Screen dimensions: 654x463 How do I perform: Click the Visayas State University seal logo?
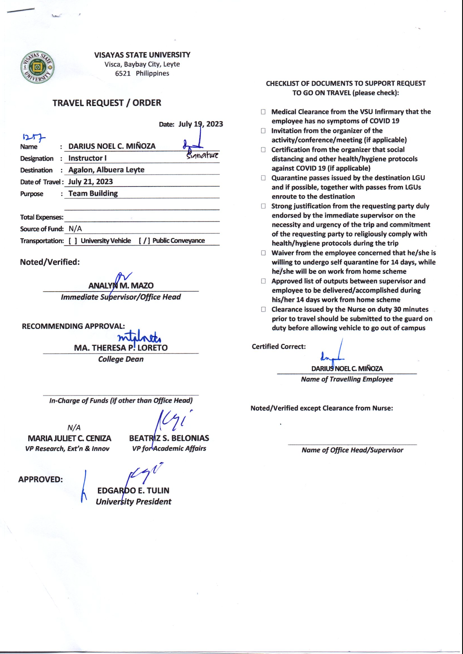pyautogui.click(x=37, y=67)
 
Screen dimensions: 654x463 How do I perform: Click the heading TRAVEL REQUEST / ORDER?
pyautogui.click(x=107, y=103)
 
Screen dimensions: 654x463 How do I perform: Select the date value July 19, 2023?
pyautogui.click(x=201, y=124)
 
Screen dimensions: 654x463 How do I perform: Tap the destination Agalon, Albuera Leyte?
pyautogui.click(x=106, y=170)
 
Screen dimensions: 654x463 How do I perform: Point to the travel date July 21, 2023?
pyautogui.click(x=90, y=182)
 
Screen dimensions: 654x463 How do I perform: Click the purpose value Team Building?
pyautogui.click(x=93, y=193)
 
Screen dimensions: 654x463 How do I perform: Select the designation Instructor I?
pyautogui.click(x=87, y=158)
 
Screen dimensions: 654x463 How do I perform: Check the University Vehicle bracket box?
pyautogui.click(x=73, y=241)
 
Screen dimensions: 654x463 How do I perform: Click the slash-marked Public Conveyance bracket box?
pyautogui.click(x=144, y=241)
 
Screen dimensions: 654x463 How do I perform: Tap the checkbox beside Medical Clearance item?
pyautogui.click(x=263, y=112)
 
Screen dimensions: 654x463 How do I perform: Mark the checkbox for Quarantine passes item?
pyautogui.click(x=263, y=178)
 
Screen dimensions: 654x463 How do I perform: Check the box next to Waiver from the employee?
pyautogui.click(x=263, y=253)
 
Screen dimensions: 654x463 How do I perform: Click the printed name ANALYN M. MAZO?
pyautogui.click(x=121, y=286)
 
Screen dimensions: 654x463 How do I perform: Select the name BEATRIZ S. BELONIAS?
pyautogui.click(x=169, y=438)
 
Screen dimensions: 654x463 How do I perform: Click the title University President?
pyautogui.click(x=133, y=501)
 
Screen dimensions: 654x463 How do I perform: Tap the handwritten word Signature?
pyautogui.click(x=202, y=155)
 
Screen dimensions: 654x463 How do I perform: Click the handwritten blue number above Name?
pyautogui.click(x=34, y=137)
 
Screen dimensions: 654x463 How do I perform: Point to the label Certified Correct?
pyautogui.click(x=279, y=347)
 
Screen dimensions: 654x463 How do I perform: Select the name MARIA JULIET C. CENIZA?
pyautogui.click(x=69, y=438)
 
